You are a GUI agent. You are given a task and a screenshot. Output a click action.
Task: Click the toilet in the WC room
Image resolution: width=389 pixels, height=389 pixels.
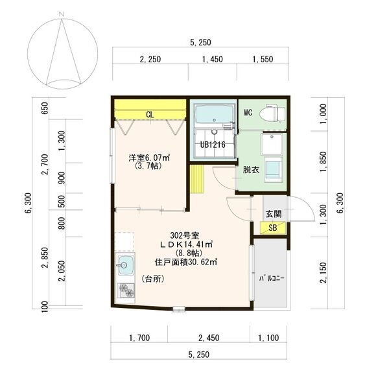point(272,113)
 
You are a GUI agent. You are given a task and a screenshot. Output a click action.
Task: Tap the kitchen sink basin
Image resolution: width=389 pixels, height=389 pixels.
point(125,265)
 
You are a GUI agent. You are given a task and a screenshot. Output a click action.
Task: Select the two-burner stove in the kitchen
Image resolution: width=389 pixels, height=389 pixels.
point(126,290)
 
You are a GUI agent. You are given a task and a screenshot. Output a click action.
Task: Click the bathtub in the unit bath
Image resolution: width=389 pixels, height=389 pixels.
point(215,115)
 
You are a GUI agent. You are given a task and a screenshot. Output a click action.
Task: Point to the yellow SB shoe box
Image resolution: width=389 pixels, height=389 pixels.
point(273,228)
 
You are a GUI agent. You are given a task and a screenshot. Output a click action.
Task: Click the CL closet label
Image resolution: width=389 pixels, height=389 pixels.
point(150,115)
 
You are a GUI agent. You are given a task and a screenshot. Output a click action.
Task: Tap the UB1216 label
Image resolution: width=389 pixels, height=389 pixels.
point(213,145)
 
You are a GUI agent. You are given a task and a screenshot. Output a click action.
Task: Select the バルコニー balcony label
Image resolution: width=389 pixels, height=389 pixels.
point(272,278)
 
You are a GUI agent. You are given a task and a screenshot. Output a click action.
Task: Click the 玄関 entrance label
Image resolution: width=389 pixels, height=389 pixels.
point(274,214)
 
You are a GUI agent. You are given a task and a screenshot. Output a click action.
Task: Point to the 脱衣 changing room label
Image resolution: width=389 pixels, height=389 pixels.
point(251,170)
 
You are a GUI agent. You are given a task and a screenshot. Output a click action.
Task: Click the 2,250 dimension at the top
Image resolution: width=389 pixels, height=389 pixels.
point(150,59)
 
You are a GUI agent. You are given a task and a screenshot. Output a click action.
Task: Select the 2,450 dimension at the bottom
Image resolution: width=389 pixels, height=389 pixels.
point(209,338)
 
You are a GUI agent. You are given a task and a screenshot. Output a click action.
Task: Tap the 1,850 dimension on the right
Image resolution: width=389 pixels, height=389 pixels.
point(324,161)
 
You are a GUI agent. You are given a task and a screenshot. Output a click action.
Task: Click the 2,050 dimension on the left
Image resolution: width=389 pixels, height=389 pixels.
point(62,271)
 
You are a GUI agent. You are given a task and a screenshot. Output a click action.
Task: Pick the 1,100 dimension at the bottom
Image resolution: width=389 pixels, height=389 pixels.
point(268,338)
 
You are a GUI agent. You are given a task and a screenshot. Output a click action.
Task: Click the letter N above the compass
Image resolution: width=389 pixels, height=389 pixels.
point(62,14)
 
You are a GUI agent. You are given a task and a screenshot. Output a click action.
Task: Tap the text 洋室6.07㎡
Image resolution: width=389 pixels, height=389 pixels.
point(149,158)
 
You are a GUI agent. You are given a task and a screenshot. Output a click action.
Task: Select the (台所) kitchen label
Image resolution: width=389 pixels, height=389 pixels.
point(153,279)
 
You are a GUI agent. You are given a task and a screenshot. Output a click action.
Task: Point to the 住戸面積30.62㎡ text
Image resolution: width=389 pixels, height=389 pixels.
point(186,262)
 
